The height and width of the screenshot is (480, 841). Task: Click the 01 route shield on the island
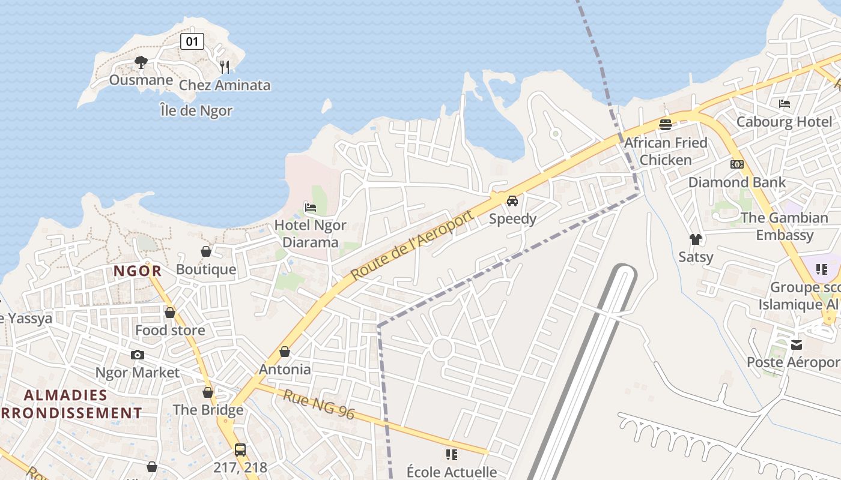click(x=192, y=41)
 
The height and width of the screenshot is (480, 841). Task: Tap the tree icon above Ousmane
click(x=141, y=62)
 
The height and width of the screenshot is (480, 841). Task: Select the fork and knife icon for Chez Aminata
click(x=225, y=67)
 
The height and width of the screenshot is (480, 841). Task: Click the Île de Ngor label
click(x=196, y=110)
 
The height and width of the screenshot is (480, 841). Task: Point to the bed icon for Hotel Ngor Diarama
click(x=311, y=208)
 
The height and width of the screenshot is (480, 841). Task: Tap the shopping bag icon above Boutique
click(x=206, y=251)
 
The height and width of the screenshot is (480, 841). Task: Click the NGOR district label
click(x=138, y=271)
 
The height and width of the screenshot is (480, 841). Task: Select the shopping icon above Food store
click(x=170, y=313)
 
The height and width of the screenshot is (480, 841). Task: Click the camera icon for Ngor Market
click(x=138, y=355)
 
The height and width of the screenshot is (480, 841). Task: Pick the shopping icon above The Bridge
click(x=208, y=392)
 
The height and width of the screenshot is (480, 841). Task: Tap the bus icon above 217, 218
click(x=240, y=449)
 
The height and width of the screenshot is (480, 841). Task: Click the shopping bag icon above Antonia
click(x=285, y=352)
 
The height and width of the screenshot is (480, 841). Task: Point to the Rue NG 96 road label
click(x=319, y=405)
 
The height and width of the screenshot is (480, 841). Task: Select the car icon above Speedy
click(x=512, y=201)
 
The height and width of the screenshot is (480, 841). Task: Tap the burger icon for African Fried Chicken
click(x=666, y=125)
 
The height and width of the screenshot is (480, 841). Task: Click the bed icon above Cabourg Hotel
click(x=785, y=104)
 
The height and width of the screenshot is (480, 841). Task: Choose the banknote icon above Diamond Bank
click(x=737, y=164)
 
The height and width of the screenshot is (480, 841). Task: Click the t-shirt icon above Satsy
click(x=696, y=239)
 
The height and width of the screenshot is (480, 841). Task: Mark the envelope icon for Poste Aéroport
click(x=797, y=344)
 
